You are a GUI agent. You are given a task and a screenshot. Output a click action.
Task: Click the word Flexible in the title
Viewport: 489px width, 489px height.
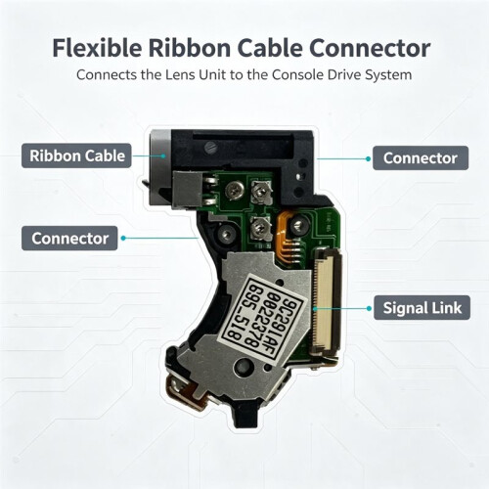click(97, 48)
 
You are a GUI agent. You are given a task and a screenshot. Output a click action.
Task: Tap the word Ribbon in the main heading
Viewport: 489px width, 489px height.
click(189, 48)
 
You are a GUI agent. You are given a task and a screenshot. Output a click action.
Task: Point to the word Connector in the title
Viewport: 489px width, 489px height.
click(370, 48)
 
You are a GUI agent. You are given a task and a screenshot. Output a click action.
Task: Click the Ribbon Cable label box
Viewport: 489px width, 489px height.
click(76, 156)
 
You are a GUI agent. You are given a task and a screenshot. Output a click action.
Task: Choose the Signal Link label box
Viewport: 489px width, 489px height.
click(422, 308)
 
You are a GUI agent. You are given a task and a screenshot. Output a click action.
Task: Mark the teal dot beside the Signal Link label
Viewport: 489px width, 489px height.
click(369, 308)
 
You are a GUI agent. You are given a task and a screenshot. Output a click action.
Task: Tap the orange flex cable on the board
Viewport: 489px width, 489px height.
click(287, 235)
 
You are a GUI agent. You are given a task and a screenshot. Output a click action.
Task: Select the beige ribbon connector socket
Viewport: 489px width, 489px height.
click(327, 301)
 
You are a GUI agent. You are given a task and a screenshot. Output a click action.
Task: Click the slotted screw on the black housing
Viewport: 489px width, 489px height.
click(211, 149)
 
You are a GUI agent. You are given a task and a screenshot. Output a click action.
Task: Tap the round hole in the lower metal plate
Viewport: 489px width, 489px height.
click(244, 366)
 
